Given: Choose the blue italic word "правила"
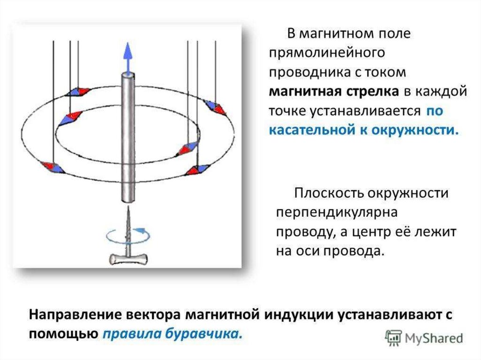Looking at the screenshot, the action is click(x=131, y=334).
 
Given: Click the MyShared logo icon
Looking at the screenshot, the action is click(x=393, y=337).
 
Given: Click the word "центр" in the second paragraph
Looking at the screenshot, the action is click(x=385, y=232).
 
